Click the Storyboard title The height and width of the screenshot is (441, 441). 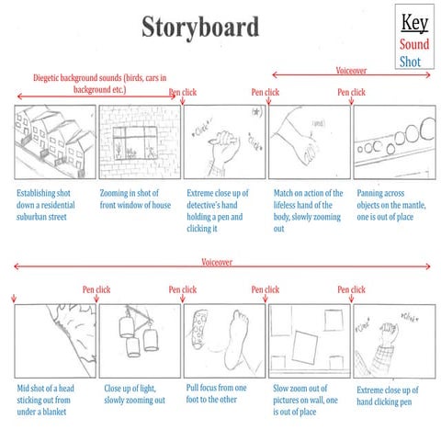click(x=200, y=27)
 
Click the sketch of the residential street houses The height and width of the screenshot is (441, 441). click(x=54, y=141)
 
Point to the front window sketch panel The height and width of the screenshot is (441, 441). click(x=139, y=141)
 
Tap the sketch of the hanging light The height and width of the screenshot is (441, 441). click(x=139, y=340)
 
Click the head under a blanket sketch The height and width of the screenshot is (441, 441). click(x=54, y=340)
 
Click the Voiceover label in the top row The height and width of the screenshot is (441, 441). click(x=353, y=70)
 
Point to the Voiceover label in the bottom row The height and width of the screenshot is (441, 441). click(x=217, y=262)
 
